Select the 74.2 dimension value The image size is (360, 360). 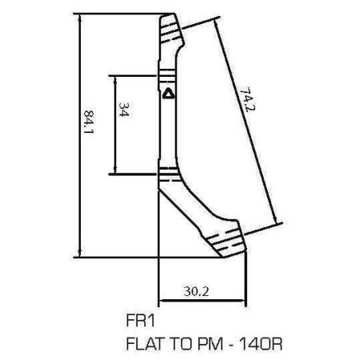click(x=247, y=101)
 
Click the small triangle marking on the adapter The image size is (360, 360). click(x=168, y=93)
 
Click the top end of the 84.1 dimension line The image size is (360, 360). click(x=80, y=15)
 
